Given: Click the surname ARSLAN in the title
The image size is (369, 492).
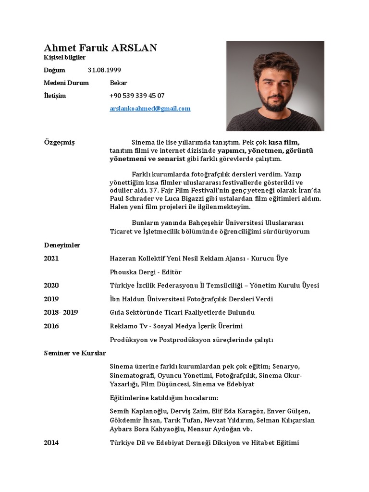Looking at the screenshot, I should [134, 48].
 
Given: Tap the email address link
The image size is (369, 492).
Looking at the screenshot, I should [150, 109].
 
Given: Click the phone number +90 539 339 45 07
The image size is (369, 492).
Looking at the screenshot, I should [137, 96].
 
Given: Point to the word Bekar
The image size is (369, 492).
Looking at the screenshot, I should [118, 83].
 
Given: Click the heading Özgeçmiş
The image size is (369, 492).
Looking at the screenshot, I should [59, 143].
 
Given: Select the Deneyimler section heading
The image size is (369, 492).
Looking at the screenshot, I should [62, 245].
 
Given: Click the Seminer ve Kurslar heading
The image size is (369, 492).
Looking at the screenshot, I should [74, 353].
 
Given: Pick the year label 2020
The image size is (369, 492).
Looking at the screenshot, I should [51, 285].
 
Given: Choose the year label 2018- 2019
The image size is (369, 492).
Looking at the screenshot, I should [61, 312].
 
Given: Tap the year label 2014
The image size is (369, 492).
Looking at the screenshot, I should [51, 443].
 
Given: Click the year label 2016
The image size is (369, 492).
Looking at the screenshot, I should [51, 326].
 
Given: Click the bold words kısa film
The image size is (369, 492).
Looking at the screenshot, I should [283, 143].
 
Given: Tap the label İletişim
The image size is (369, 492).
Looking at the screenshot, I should [55, 96].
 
